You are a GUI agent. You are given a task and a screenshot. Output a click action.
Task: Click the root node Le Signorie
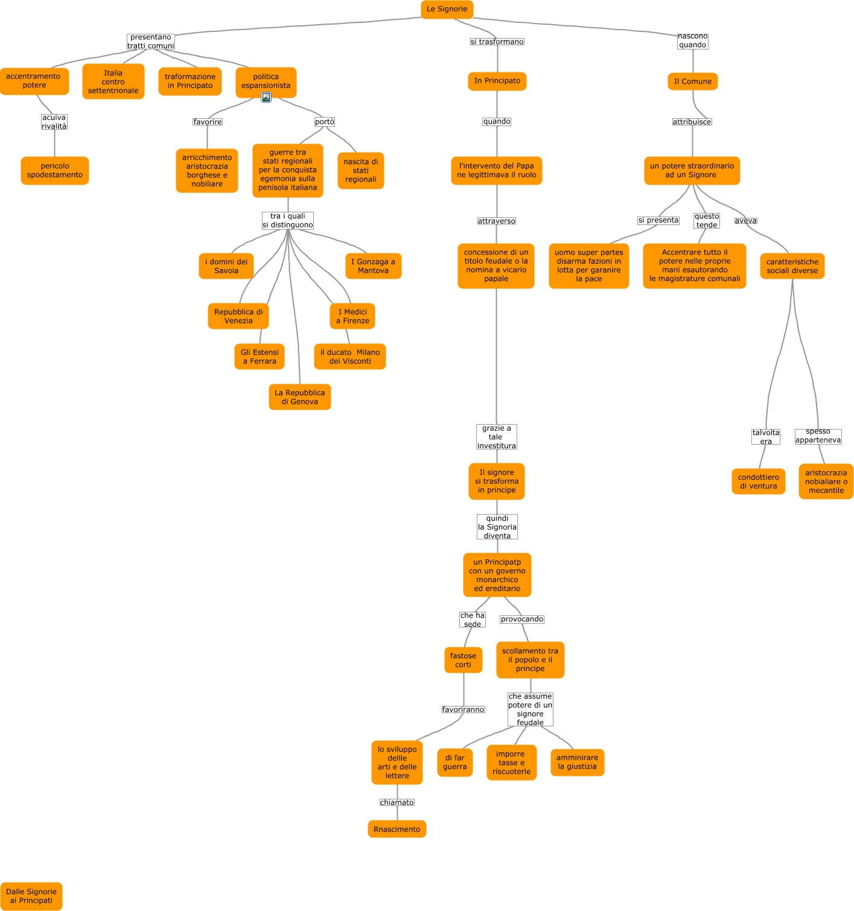pyautogui.click(x=447, y=9)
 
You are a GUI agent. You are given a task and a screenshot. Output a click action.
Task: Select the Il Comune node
pyautogui.click(x=692, y=81)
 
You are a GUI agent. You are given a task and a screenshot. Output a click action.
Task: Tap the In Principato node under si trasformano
pyautogui.click(x=497, y=81)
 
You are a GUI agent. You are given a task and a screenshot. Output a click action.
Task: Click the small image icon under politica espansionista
pyautogui.click(x=266, y=97)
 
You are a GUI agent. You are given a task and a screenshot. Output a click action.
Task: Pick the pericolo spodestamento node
pyautogui.click(x=55, y=171)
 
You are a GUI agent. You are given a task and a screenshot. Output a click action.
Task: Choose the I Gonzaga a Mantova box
pyautogui.click(x=373, y=266)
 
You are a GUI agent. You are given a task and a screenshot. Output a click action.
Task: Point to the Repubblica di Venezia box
pyautogui.click(x=238, y=316)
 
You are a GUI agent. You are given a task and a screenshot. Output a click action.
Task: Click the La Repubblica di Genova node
pyautogui.click(x=299, y=397)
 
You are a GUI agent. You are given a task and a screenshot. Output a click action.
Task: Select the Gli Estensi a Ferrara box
pyautogui.click(x=260, y=357)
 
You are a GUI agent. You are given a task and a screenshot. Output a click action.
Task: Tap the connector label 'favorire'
pyautogui.click(x=208, y=122)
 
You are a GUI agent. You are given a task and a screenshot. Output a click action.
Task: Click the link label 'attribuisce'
pyautogui.click(x=692, y=122)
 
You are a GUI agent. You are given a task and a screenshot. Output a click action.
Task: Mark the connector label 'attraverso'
pyautogui.click(x=496, y=221)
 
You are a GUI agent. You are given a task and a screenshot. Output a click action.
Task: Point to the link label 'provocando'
pyautogui.click(x=522, y=619)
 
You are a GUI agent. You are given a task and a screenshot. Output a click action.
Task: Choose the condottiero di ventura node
pyautogui.click(x=758, y=481)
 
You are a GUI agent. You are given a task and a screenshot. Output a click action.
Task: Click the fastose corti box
pyautogui.click(x=463, y=660)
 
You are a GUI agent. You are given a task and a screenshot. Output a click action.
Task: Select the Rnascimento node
pyautogui.click(x=397, y=829)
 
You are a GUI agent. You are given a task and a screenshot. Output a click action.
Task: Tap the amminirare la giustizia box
pyautogui.click(x=577, y=762)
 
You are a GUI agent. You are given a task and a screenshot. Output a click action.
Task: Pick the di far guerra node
pyautogui.click(x=454, y=762)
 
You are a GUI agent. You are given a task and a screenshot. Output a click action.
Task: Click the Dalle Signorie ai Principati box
pyautogui.click(x=31, y=896)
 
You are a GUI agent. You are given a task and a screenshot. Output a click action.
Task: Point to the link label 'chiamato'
pyautogui.click(x=397, y=802)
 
